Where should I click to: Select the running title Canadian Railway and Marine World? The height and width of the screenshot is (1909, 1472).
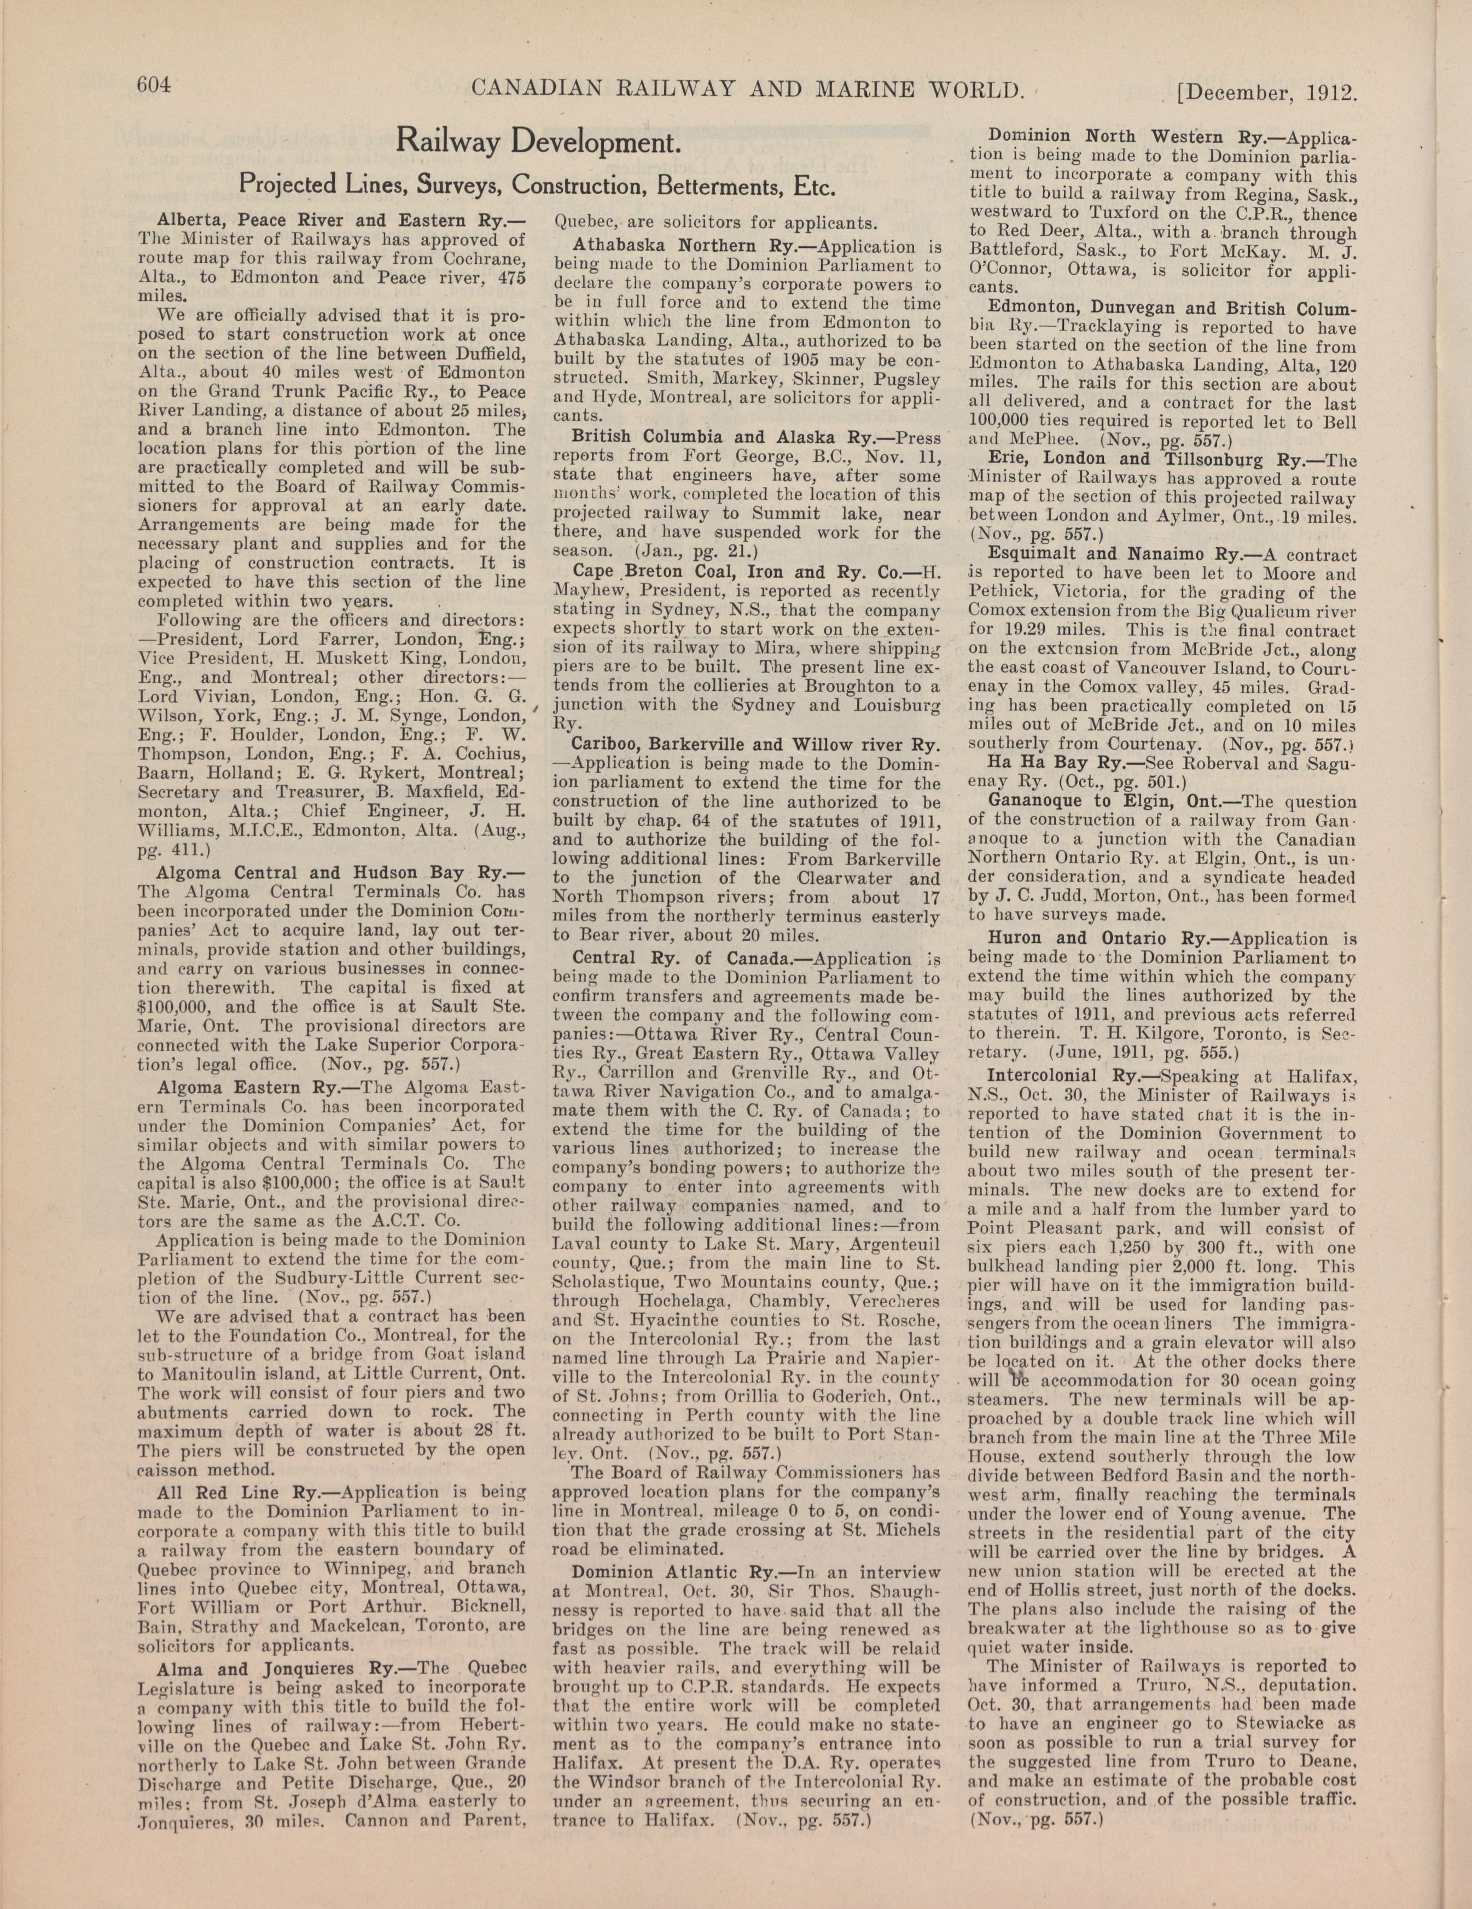click(747, 88)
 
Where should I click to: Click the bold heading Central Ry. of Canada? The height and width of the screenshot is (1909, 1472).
click(684, 959)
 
